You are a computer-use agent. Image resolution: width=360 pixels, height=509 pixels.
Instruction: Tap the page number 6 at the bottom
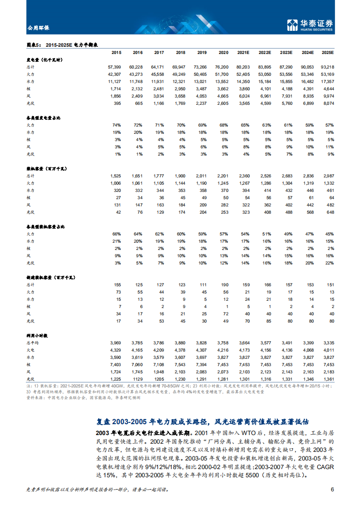click(332, 489)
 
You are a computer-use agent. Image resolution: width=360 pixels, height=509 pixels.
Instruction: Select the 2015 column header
click(116, 53)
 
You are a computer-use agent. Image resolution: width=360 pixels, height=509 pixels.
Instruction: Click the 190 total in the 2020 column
click(225, 284)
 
